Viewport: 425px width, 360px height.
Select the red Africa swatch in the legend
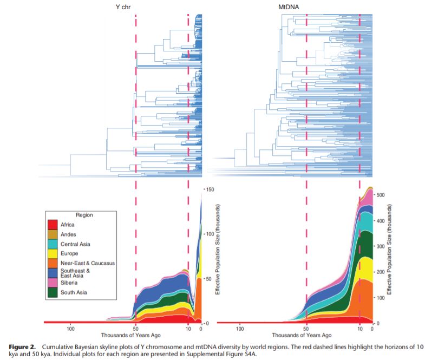(53, 224)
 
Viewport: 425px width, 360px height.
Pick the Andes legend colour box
(53, 234)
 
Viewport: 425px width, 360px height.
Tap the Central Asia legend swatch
(53, 244)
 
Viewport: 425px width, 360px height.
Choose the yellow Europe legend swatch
(53, 253)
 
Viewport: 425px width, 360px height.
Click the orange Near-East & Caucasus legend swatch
(53, 263)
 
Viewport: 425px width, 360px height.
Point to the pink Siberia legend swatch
(53, 283)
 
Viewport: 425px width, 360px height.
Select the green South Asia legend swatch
(53, 293)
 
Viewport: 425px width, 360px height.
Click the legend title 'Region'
(85, 215)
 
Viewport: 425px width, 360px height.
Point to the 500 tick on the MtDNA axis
(380, 194)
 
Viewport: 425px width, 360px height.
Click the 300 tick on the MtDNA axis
(380, 246)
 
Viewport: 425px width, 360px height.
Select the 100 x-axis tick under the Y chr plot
(71, 329)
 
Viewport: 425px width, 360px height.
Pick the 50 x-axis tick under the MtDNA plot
(306, 329)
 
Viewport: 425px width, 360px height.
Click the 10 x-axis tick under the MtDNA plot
(359, 329)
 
